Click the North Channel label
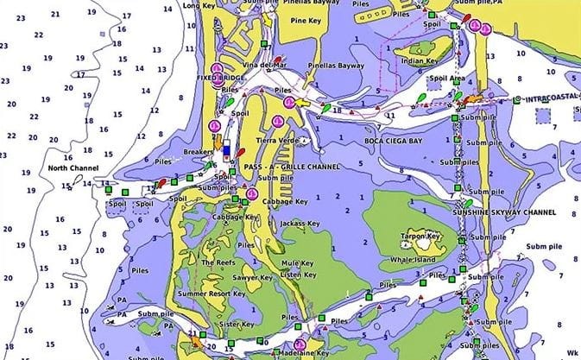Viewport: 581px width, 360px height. [69, 167]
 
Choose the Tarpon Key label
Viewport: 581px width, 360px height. [421, 235]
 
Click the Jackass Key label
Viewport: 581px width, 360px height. [299, 224]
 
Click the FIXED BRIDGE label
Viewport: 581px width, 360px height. [217, 78]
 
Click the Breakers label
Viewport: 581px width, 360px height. [198, 152]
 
